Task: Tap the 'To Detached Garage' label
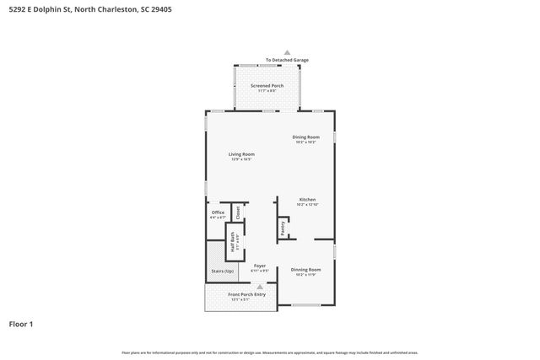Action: [x=286, y=61]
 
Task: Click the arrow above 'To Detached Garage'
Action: [x=286, y=52]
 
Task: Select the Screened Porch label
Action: [x=267, y=86]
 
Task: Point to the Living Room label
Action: [x=241, y=154]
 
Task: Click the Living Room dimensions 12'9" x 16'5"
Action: [x=241, y=159]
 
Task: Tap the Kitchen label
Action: [x=306, y=200]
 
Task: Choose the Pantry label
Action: [x=283, y=228]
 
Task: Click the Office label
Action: [x=218, y=212]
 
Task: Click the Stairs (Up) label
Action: [x=223, y=271]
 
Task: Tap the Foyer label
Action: [x=260, y=266]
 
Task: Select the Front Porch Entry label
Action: [x=247, y=294]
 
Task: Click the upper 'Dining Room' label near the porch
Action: [x=305, y=137]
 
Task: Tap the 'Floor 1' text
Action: [x=21, y=324]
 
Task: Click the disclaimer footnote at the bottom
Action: [x=269, y=352]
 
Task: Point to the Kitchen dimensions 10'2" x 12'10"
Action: [x=306, y=205]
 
